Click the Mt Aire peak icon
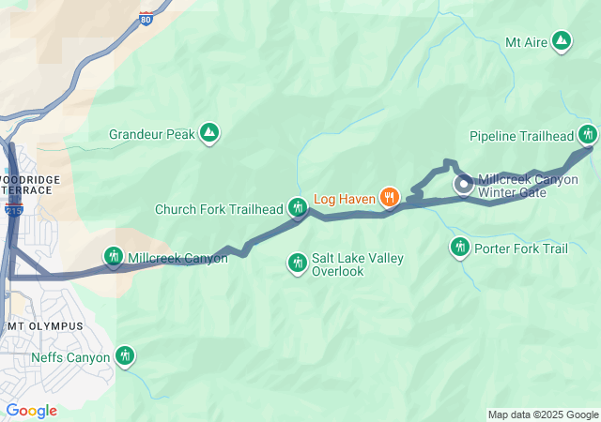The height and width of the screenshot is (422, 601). coord(561,41)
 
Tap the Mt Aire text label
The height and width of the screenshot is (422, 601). coord(526,42)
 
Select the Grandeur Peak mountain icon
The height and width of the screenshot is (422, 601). coord(209,134)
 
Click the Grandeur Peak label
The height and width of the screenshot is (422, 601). coord(152,134)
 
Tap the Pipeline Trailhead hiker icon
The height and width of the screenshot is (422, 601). coord(588,135)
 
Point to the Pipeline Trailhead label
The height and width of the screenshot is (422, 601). coord(520,136)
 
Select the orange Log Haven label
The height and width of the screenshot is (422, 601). coord(344,198)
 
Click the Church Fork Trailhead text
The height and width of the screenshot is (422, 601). coord(219,209)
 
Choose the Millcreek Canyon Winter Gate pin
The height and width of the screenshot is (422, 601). coord(464,185)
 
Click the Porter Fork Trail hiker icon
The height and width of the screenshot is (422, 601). coord(459,248)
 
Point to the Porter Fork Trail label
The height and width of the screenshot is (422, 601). coord(521,249)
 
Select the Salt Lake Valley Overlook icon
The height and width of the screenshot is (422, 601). coord(298,264)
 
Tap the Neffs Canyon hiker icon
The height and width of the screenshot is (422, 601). coord(125,356)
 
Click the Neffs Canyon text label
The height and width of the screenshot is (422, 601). coord(70,356)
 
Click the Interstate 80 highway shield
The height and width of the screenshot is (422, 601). coord(145,18)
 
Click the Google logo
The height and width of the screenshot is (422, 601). coord(31,411)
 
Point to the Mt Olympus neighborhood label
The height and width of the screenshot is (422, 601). coord(44,325)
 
